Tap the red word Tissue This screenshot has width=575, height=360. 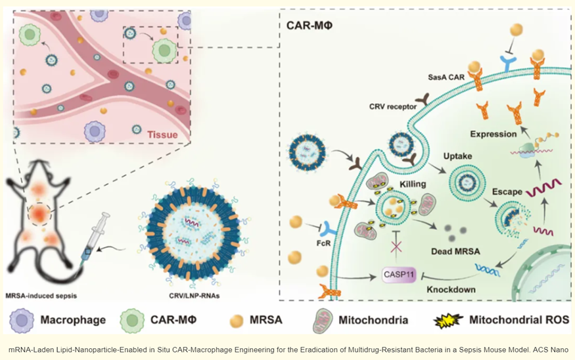(x=161, y=135)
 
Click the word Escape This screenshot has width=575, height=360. (x=506, y=192)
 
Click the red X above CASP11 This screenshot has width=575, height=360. (x=396, y=247)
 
